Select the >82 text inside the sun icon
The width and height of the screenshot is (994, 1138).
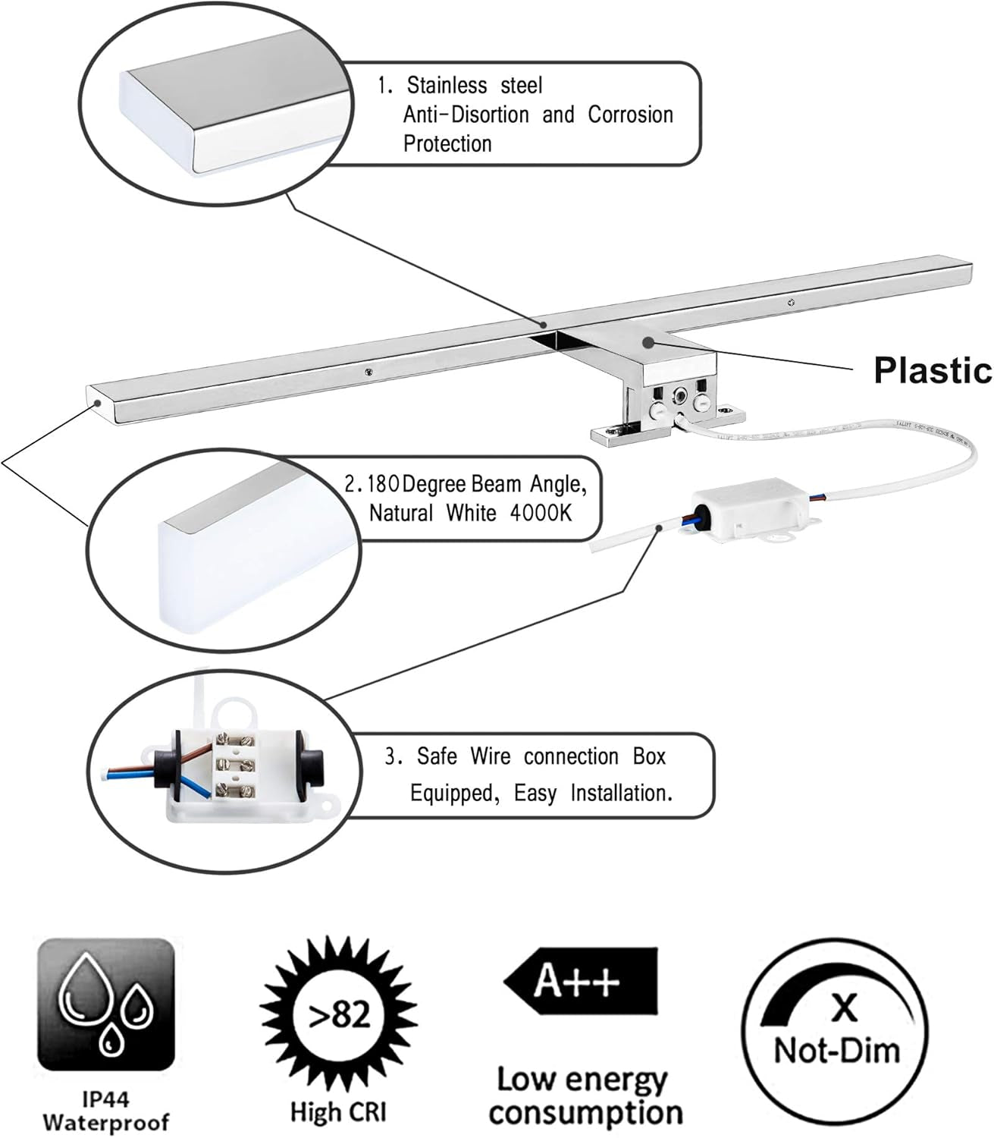[x=339, y=1014]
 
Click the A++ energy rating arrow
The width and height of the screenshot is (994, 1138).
[x=581, y=980]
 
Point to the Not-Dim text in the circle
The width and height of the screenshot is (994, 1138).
[x=836, y=1050]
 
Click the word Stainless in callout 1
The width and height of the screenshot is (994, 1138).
[x=445, y=85]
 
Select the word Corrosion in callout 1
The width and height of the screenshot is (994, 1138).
[x=630, y=115]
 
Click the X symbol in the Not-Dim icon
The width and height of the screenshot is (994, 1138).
[x=843, y=1007]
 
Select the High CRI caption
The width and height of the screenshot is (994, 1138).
[x=338, y=1112]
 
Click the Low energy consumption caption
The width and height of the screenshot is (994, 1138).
[x=585, y=1096]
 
